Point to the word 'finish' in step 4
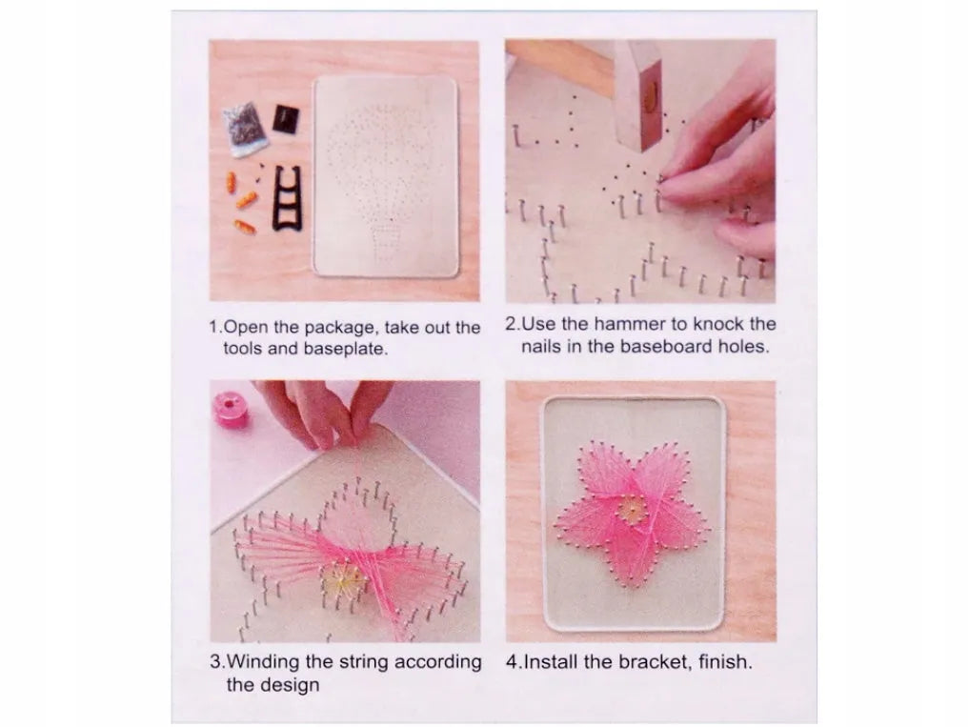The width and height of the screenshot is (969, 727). (x=724, y=661)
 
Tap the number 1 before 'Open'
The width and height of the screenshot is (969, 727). (x=213, y=327)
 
